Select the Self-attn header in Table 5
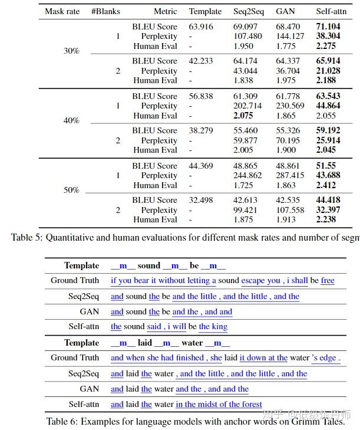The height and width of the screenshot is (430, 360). pyautogui.click(x=332, y=11)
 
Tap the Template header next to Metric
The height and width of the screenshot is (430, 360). pyautogui.click(x=205, y=11)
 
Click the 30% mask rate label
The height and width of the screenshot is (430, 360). pyautogui.click(x=71, y=51)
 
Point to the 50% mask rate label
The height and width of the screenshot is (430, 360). pyautogui.click(x=71, y=190)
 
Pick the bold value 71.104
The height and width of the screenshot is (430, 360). pyautogui.click(x=328, y=27)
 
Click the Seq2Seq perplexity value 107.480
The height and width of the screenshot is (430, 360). pyautogui.click(x=247, y=37)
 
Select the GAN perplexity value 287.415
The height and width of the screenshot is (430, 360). pyautogui.click(x=290, y=175)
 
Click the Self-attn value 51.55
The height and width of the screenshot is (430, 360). pyautogui.click(x=326, y=166)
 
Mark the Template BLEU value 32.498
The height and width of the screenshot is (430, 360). pyautogui.click(x=201, y=200)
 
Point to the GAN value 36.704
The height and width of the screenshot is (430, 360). pyautogui.click(x=288, y=71)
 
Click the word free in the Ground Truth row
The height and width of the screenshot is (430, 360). pyautogui.click(x=328, y=281)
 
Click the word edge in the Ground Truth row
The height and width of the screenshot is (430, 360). pyautogui.click(x=329, y=358)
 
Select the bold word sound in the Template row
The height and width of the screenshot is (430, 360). pyautogui.click(x=149, y=265)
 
